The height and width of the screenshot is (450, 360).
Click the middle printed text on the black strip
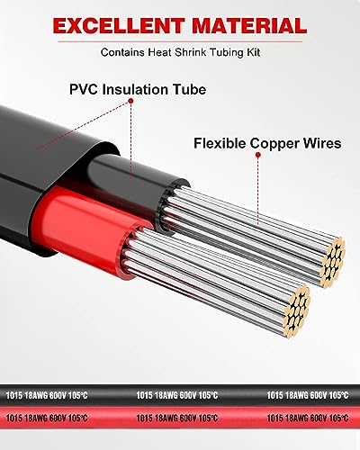(179, 395)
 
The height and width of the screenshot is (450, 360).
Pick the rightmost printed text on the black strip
(309, 395)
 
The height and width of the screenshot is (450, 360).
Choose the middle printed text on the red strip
(179, 418)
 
